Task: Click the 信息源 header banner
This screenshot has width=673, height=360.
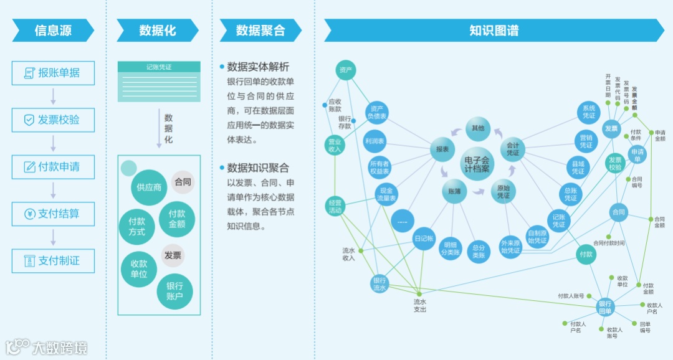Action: (53, 31)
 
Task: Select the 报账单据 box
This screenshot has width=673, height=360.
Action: (53, 73)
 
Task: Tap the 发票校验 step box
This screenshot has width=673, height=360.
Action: (53, 120)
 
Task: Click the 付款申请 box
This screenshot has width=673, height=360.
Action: (53, 167)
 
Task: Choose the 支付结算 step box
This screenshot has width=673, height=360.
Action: (53, 214)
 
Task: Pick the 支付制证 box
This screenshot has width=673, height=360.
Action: (53, 261)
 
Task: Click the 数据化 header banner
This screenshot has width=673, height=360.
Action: (158, 31)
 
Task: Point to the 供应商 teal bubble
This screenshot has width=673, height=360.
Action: (149, 187)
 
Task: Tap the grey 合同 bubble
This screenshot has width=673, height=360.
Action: (183, 182)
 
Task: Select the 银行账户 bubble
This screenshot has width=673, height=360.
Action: (174, 291)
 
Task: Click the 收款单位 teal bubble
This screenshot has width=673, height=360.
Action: (140, 269)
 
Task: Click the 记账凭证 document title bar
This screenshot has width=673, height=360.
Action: (159, 67)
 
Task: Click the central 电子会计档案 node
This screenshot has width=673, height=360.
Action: (477, 164)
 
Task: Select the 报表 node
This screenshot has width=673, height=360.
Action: (442, 149)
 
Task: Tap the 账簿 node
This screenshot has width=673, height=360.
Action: (454, 192)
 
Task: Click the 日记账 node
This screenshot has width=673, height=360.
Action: (424, 239)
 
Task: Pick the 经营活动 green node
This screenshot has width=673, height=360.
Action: (335, 206)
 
